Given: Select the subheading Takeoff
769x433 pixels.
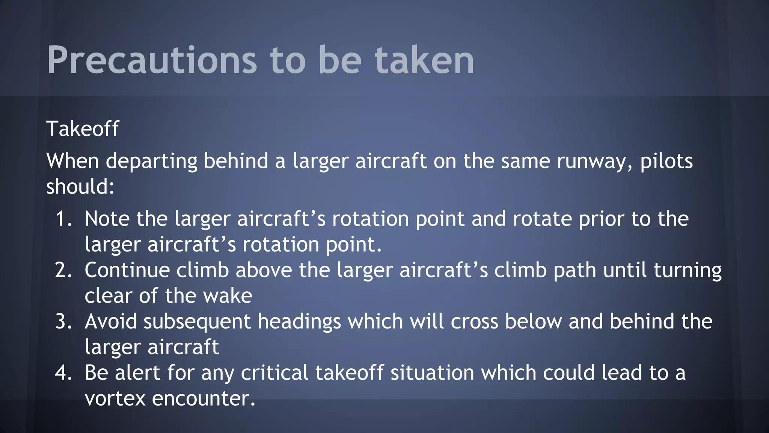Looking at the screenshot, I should (83, 129).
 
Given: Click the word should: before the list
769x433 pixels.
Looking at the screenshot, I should (80, 186).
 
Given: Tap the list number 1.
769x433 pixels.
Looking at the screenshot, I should (63, 219).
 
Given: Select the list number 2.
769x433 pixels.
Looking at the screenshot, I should (63, 270).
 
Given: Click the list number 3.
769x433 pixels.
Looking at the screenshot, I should (63, 322).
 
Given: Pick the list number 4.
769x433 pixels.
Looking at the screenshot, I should (63, 373).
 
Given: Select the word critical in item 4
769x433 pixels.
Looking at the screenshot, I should (274, 373).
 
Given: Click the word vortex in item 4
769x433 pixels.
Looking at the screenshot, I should (115, 398).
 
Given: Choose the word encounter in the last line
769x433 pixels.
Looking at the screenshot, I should (203, 398).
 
